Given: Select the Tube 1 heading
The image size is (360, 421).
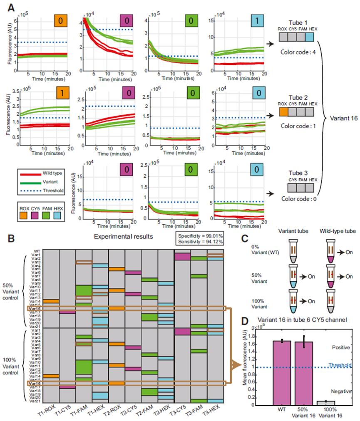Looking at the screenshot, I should coord(298,22).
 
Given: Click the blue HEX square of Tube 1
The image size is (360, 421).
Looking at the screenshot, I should coord(310,37).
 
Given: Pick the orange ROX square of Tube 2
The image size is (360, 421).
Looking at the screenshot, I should coord(284,113).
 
